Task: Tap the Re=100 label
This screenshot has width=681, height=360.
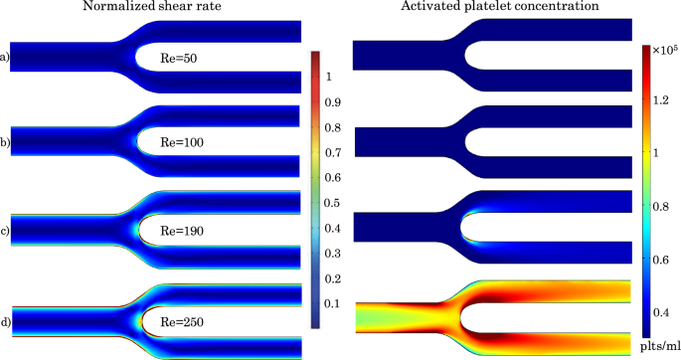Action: coord(187,143)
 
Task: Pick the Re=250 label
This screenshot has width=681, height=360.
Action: coord(187,320)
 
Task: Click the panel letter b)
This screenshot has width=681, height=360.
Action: coord(5,143)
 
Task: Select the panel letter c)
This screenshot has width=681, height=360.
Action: coord(5,231)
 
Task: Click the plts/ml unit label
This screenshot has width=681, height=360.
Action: coord(660,344)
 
